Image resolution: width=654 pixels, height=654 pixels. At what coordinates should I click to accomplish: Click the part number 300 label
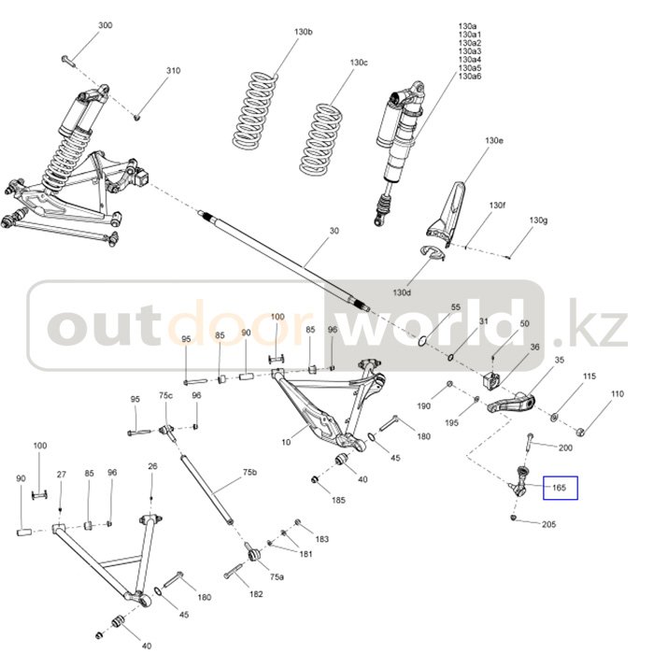coord(105,25)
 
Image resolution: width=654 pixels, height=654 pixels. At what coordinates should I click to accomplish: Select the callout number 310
coord(173,71)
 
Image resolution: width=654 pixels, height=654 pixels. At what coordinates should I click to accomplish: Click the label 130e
coord(493,140)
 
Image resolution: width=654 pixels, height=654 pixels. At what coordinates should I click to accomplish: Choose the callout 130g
coord(537,220)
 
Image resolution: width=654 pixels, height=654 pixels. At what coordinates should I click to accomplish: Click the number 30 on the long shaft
coord(334,230)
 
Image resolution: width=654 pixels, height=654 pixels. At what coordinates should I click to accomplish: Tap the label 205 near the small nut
coord(548,524)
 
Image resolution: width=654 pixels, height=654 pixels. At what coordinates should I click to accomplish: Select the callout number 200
coord(565,448)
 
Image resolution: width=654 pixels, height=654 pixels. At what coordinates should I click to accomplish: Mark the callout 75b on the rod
coord(249,473)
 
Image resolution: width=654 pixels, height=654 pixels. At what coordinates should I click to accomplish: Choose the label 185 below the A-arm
coord(338,500)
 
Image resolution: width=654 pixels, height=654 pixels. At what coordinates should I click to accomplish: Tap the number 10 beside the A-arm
coord(286,442)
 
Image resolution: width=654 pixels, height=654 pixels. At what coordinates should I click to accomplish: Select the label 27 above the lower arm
coord(61,476)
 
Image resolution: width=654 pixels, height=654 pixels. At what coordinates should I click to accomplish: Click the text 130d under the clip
coord(402,292)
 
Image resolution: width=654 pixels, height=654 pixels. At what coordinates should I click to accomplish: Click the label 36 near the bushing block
coord(534,348)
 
